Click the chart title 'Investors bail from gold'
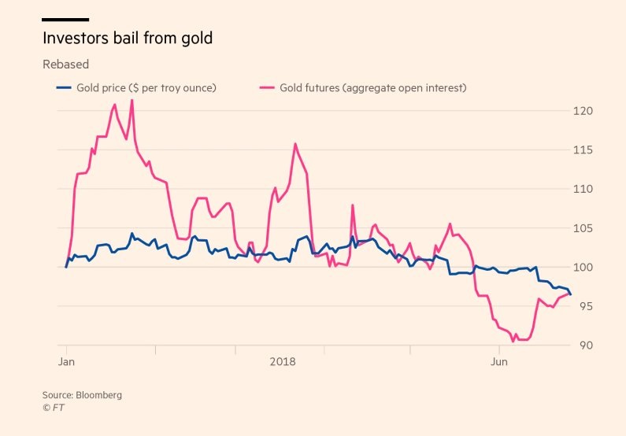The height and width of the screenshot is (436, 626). click(x=127, y=38)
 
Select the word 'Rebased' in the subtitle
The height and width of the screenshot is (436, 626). click(x=65, y=65)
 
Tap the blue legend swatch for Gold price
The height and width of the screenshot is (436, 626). click(x=63, y=87)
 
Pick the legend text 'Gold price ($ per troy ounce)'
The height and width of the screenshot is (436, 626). click(x=146, y=87)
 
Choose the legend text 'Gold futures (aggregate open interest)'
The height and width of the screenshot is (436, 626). click(x=372, y=87)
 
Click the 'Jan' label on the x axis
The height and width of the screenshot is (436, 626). click(x=67, y=362)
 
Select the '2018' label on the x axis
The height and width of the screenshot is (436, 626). click(x=282, y=362)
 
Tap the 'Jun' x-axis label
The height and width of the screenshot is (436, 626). click(x=498, y=362)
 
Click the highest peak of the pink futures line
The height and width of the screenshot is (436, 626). click(x=131, y=100)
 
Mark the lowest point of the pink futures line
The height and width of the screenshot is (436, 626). click(x=513, y=342)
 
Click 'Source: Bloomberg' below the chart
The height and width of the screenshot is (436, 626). click(x=82, y=395)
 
